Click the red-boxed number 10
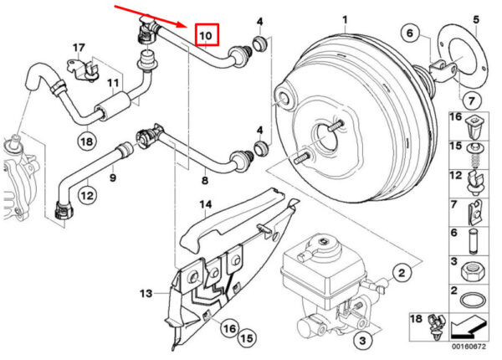pyautogui.click(x=206, y=35)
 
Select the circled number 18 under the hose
pyautogui.click(x=87, y=141)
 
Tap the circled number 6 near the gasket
pyautogui.click(x=410, y=33)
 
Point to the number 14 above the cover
pyautogui.click(x=206, y=204)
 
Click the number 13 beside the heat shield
pyautogui.click(x=146, y=293)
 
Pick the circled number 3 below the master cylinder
pyautogui.click(x=362, y=340)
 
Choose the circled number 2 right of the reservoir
pyautogui.click(x=402, y=273)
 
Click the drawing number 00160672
pyautogui.click(x=469, y=347)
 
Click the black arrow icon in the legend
pyautogui.click(x=469, y=327)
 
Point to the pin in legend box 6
pyautogui.click(x=474, y=241)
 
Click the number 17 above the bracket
pyautogui.click(x=79, y=48)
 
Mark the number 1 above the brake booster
pyautogui.click(x=345, y=20)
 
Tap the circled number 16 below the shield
pyautogui.click(x=229, y=328)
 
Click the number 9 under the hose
pyautogui.click(x=113, y=177)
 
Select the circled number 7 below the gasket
pyautogui.click(x=471, y=101)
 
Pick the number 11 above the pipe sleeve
pyautogui.click(x=113, y=84)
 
